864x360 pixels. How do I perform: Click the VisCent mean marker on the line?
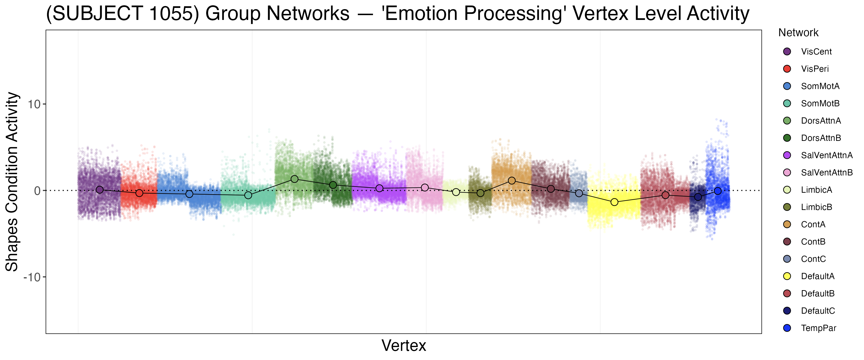click(x=99, y=190)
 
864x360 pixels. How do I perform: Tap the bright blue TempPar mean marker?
click(x=717, y=191)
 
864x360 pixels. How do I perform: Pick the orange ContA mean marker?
click(x=511, y=180)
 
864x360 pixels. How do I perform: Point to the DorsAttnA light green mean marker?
click(x=294, y=179)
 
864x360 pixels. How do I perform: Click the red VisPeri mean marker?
click(x=139, y=193)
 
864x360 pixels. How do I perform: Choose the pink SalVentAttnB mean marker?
click(x=425, y=187)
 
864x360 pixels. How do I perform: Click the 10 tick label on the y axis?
click(x=34, y=104)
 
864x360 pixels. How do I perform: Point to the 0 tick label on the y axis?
click(x=37, y=191)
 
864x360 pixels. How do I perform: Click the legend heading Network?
click(x=798, y=33)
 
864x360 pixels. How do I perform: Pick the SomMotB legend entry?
click(x=820, y=103)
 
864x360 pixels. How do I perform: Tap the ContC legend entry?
click(x=813, y=259)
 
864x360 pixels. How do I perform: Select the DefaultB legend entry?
click(x=817, y=294)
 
